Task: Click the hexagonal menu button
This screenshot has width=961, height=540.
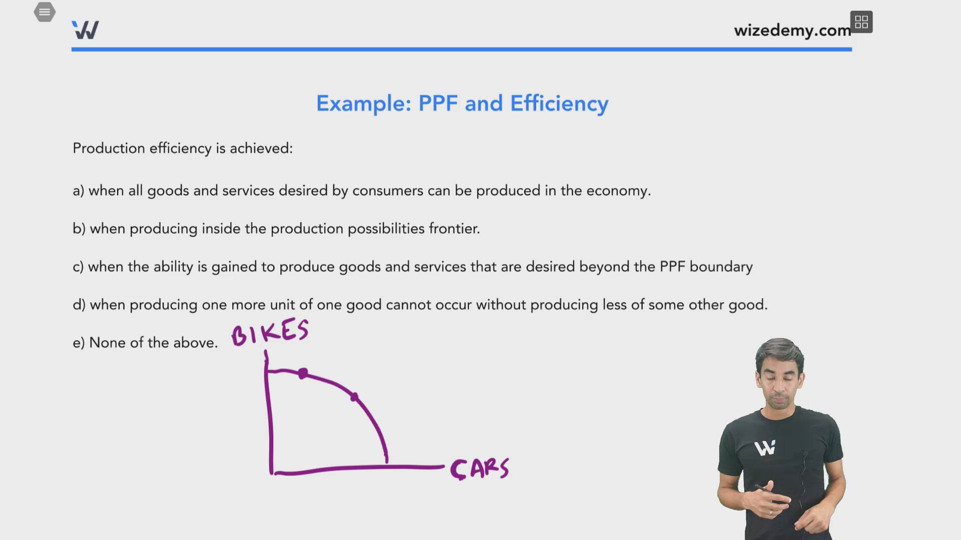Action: click(x=45, y=12)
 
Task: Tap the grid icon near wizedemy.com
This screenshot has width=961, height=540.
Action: click(x=861, y=22)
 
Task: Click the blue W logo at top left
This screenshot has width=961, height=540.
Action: click(x=85, y=30)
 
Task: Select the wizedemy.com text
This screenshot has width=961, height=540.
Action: click(x=792, y=30)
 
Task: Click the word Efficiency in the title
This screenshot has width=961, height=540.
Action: click(x=559, y=103)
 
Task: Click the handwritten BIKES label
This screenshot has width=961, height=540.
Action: click(x=270, y=332)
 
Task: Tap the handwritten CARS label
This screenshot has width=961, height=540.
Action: click(x=479, y=469)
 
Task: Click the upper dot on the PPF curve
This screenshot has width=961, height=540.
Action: click(x=303, y=373)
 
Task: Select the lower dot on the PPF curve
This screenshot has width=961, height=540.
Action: click(x=354, y=397)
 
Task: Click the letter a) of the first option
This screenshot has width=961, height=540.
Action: click(x=78, y=191)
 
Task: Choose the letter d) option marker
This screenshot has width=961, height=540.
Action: click(x=79, y=305)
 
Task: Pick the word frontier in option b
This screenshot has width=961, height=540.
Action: click(x=454, y=229)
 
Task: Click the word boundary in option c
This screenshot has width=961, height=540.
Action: click(x=721, y=267)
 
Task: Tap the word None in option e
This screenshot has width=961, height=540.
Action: click(x=107, y=343)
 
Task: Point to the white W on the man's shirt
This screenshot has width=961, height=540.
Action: click(x=764, y=447)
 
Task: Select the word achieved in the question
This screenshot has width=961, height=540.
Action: click(x=260, y=148)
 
